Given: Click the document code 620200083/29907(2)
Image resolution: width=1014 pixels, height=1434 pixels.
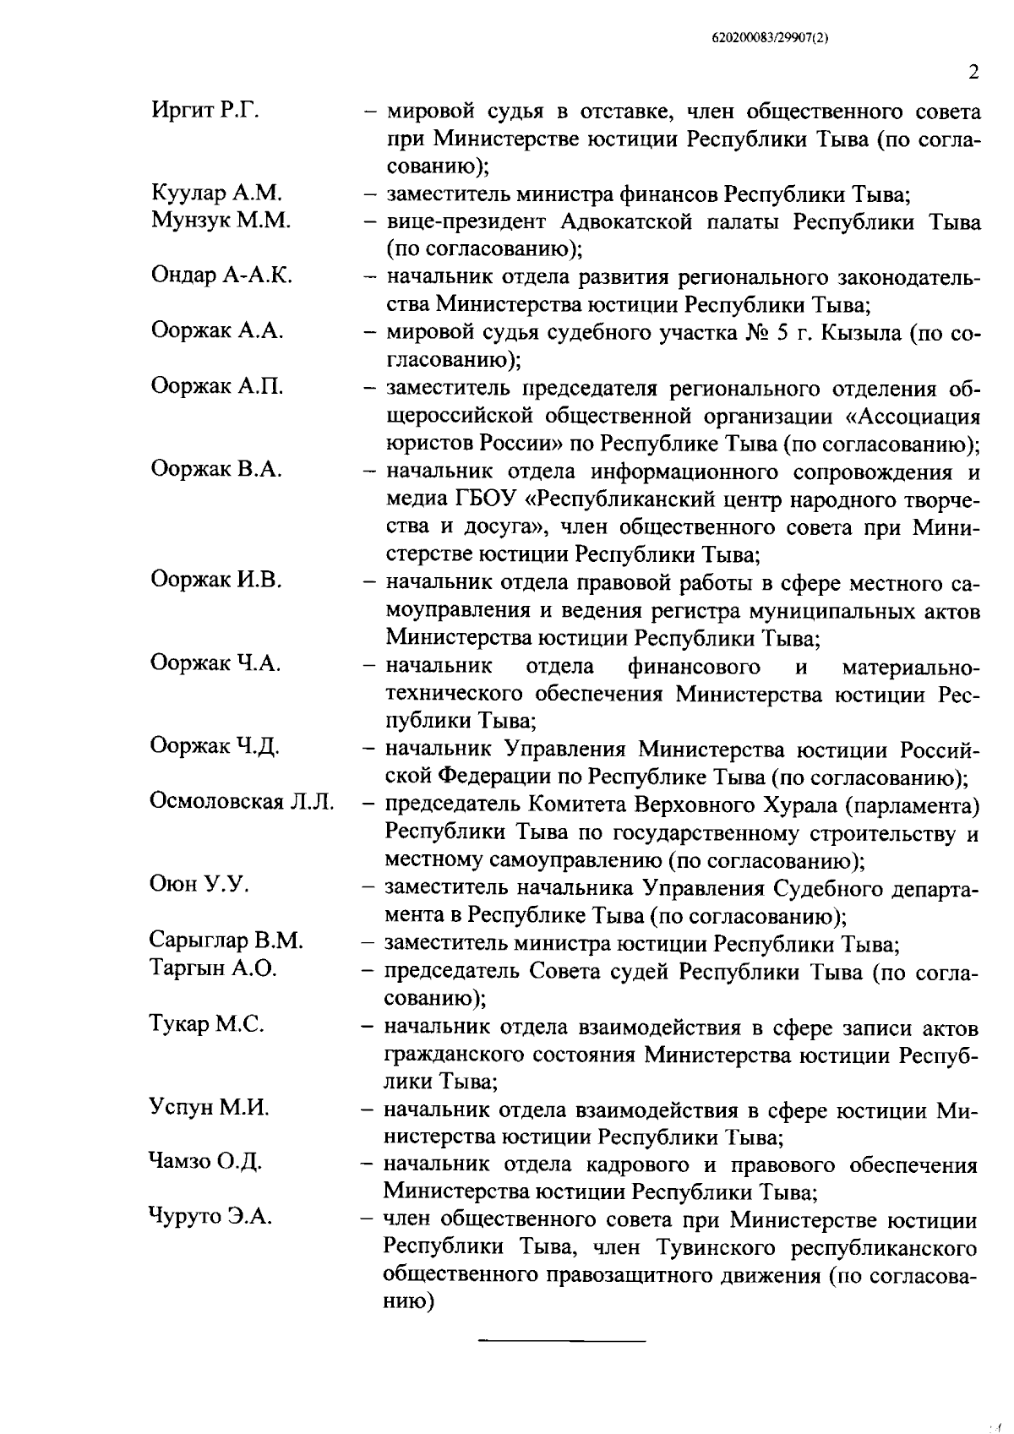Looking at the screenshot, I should coord(768,38).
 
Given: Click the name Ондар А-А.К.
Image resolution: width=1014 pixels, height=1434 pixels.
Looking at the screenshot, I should coord(221,275).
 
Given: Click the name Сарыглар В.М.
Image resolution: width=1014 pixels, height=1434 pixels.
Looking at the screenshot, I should coord(226,940).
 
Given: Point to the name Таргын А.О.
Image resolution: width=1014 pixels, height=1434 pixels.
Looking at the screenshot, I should coord(213,968).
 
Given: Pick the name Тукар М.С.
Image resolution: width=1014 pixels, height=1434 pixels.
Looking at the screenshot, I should coord(207,1024).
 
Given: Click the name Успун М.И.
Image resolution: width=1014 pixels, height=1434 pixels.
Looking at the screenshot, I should coord(209,1107).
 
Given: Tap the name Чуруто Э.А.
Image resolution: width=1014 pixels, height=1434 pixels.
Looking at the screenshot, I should coord(210,1218).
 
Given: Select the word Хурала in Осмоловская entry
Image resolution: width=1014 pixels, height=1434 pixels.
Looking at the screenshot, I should coord(796,804).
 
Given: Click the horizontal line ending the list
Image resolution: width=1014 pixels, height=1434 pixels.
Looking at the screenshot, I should coord(562,1340).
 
